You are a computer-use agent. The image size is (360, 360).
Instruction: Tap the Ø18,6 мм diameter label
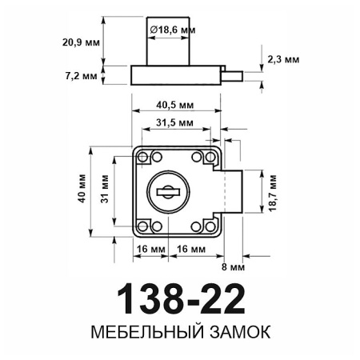pyautogui.click(x=174, y=30)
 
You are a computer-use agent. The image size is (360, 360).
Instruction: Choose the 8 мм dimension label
pyautogui.click(x=238, y=266)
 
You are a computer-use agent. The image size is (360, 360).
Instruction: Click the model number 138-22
pyautogui.click(x=178, y=299)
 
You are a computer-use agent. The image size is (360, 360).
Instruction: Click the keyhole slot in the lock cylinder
pyautogui.click(x=170, y=191)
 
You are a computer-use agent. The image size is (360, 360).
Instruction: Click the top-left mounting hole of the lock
pyautogui.click(x=144, y=157)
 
